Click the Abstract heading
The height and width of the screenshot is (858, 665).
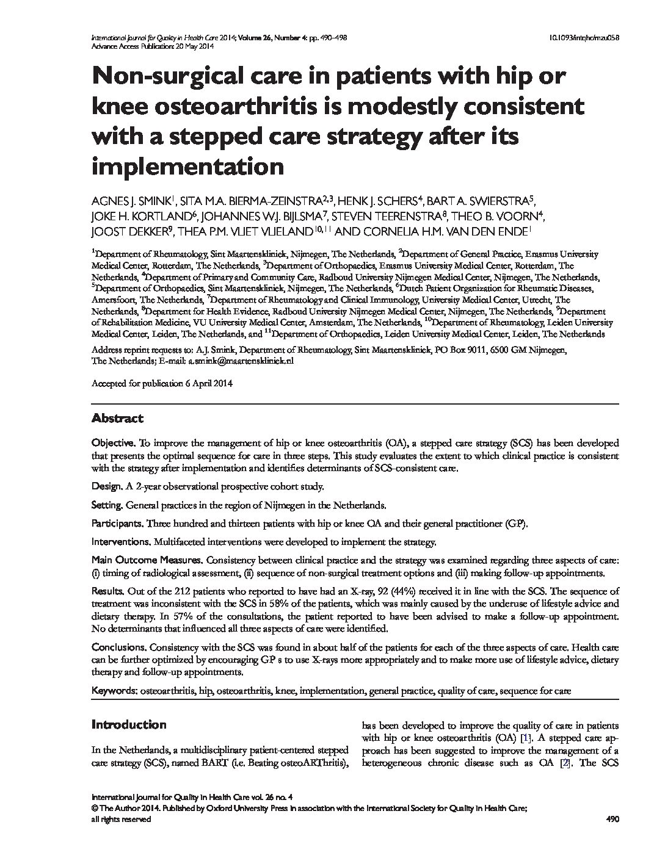point(117,419)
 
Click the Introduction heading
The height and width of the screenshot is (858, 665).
point(129,725)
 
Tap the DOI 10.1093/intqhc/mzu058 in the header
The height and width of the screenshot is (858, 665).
point(586,38)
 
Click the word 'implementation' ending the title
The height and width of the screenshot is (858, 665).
point(188,166)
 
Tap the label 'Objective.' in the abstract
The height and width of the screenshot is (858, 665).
point(113,442)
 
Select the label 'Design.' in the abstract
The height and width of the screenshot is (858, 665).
point(107,486)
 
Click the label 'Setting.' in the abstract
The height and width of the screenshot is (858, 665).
point(108,505)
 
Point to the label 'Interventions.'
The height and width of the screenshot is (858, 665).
point(121,542)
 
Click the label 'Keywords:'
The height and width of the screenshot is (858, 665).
point(114,691)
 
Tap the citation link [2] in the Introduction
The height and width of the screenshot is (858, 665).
point(565,763)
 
